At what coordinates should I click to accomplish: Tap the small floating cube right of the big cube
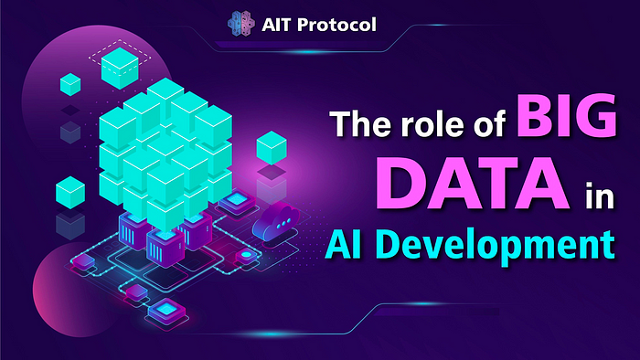pyautogui.click(x=272, y=146)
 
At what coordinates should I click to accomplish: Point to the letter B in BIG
pyautogui.click(x=508, y=122)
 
